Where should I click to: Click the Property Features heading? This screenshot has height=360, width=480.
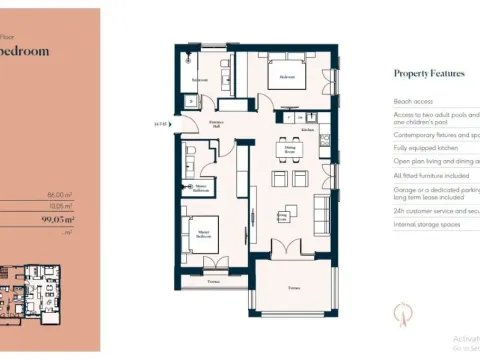coord(430,73)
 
